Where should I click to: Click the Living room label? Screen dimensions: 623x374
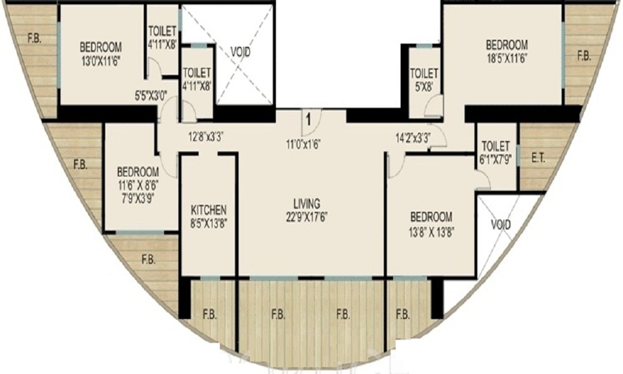tap(307, 204)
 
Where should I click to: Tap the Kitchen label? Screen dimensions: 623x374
tap(209, 210)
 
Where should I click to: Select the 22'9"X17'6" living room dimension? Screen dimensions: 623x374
tap(307, 218)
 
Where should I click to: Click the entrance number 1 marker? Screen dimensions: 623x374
tap(308, 118)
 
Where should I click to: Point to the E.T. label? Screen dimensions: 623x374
tap(538, 158)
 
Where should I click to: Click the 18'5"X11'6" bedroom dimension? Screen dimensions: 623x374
tap(506, 57)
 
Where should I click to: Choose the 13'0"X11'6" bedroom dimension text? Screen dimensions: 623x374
tap(100, 60)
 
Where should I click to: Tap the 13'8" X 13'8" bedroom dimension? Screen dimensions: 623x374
tap(431, 231)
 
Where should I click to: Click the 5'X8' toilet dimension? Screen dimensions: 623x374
tap(424, 86)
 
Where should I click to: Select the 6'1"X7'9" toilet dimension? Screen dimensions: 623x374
tap(495, 159)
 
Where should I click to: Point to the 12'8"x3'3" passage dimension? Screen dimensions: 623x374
tap(206, 138)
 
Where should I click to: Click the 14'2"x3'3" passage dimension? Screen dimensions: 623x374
tap(414, 138)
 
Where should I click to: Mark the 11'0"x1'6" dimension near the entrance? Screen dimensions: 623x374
tap(303, 144)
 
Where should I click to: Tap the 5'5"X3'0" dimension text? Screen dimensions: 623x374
tap(151, 95)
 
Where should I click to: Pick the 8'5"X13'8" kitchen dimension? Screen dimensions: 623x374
tap(209, 223)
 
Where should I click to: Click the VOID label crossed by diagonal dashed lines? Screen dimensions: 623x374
tap(240, 52)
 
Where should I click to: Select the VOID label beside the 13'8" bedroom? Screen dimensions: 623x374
tap(501, 225)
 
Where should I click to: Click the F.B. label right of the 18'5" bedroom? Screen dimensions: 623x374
tap(584, 56)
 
